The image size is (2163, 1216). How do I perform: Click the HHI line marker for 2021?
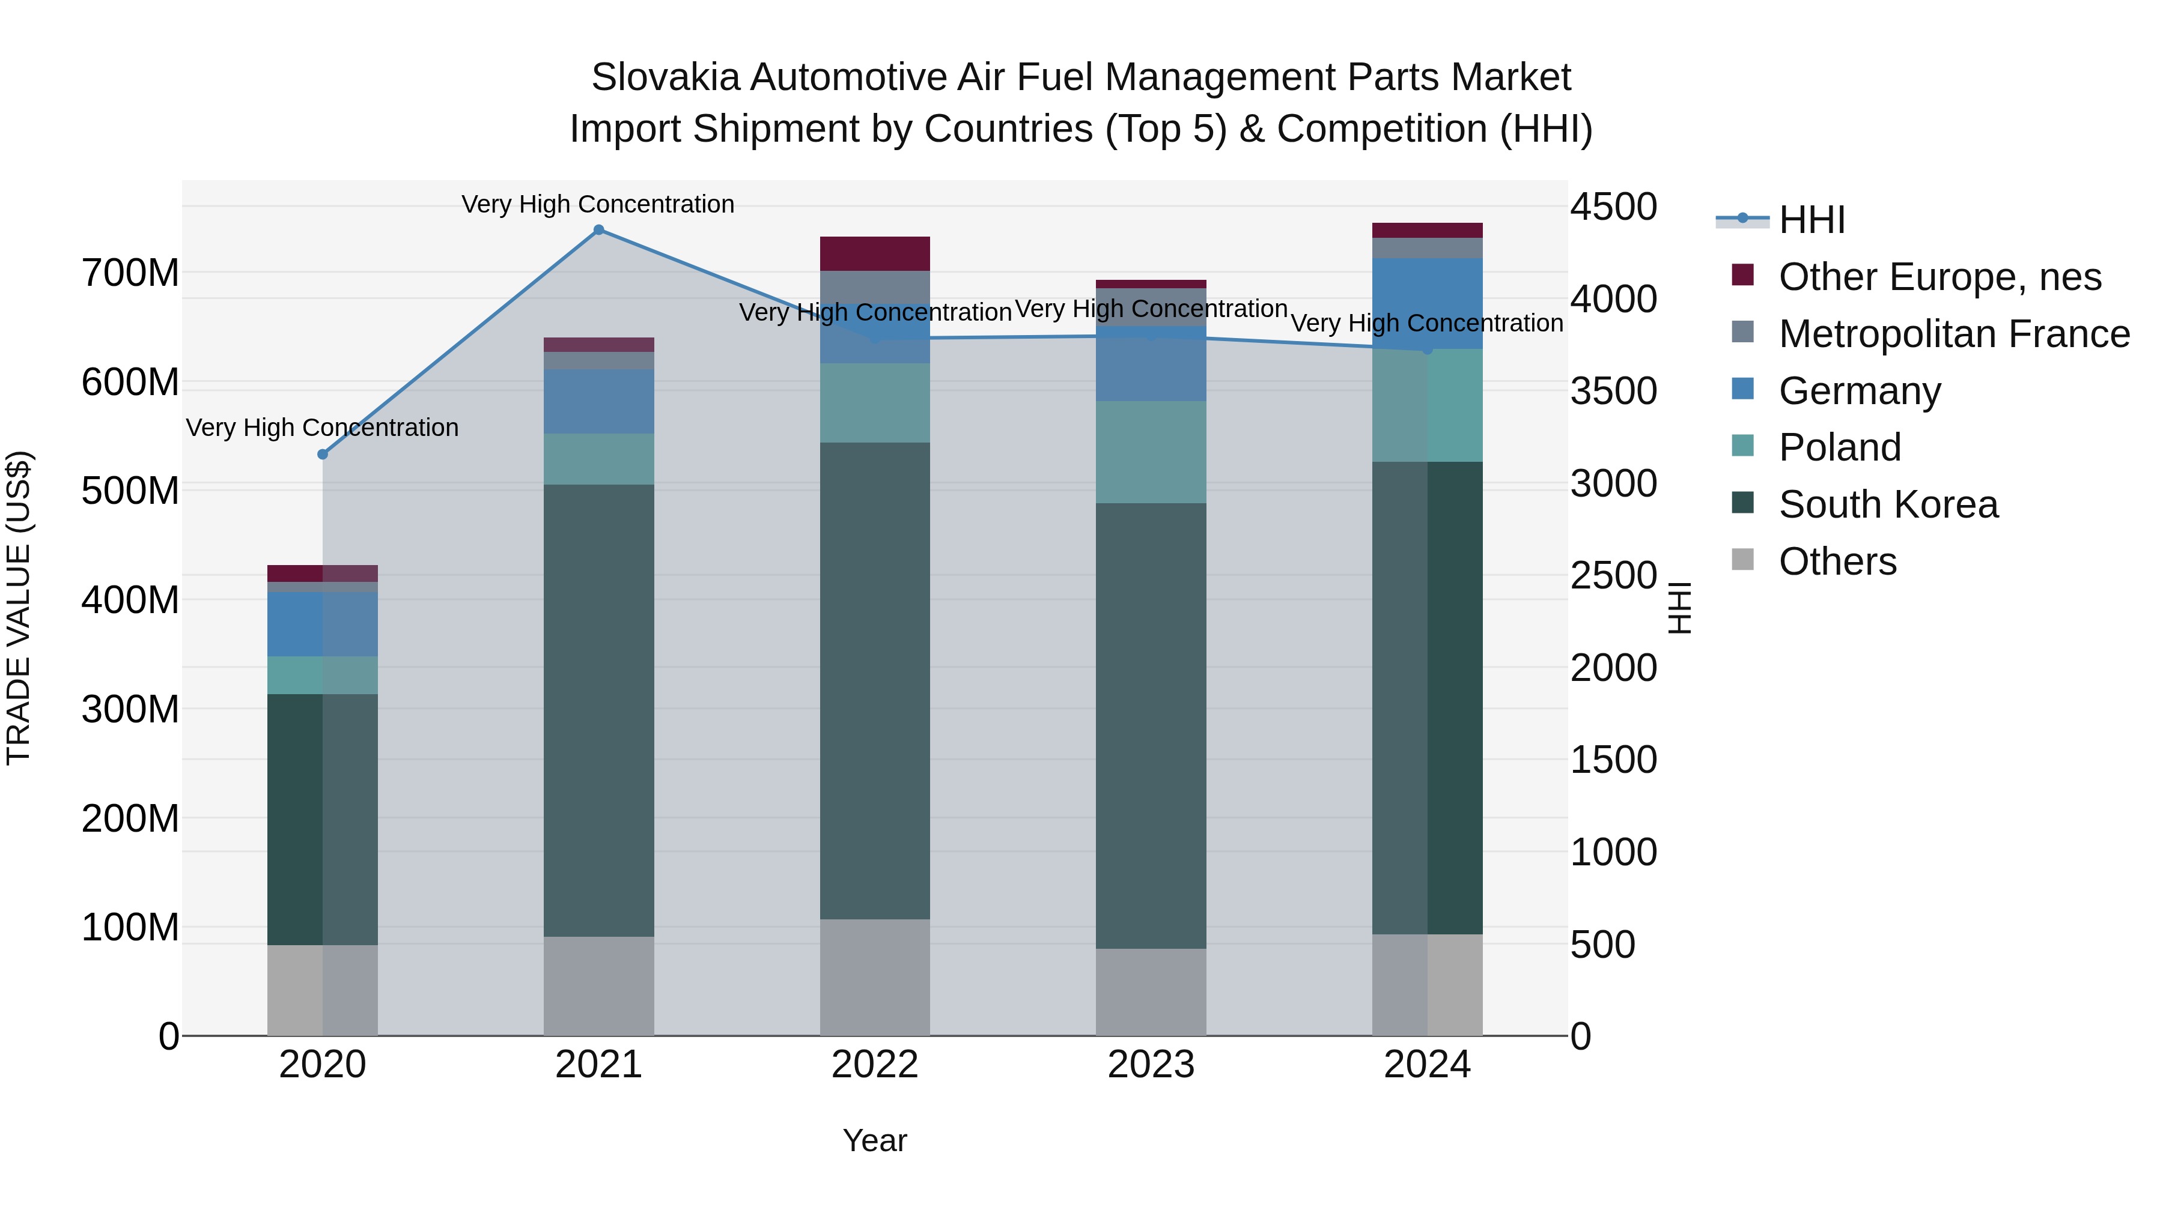pyautogui.click(x=598, y=230)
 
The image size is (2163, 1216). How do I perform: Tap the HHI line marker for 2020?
pyautogui.click(x=323, y=454)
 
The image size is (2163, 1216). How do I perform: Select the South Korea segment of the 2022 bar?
pyautogui.click(x=875, y=680)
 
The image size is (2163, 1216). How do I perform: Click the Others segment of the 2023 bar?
pyautogui.click(x=1151, y=992)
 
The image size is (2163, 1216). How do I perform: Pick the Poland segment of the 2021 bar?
pyautogui.click(x=598, y=459)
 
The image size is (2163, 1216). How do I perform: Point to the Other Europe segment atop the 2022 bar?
pyautogui.click(x=875, y=253)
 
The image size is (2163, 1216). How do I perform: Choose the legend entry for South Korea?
pyautogui.click(x=1888, y=504)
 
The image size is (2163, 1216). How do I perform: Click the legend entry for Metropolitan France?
pyautogui.click(x=1954, y=334)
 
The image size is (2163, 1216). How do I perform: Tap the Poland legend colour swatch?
pyautogui.click(x=1743, y=446)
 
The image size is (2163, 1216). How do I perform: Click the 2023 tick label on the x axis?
pyautogui.click(x=1151, y=1065)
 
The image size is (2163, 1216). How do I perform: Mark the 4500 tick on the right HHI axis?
pyautogui.click(x=1614, y=207)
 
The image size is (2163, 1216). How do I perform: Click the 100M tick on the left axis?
pyautogui.click(x=130, y=927)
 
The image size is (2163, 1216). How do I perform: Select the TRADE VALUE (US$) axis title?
pyautogui.click(x=19, y=608)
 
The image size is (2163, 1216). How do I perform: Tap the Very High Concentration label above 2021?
pyautogui.click(x=598, y=204)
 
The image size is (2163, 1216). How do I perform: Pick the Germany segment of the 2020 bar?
pyautogui.click(x=323, y=625)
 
